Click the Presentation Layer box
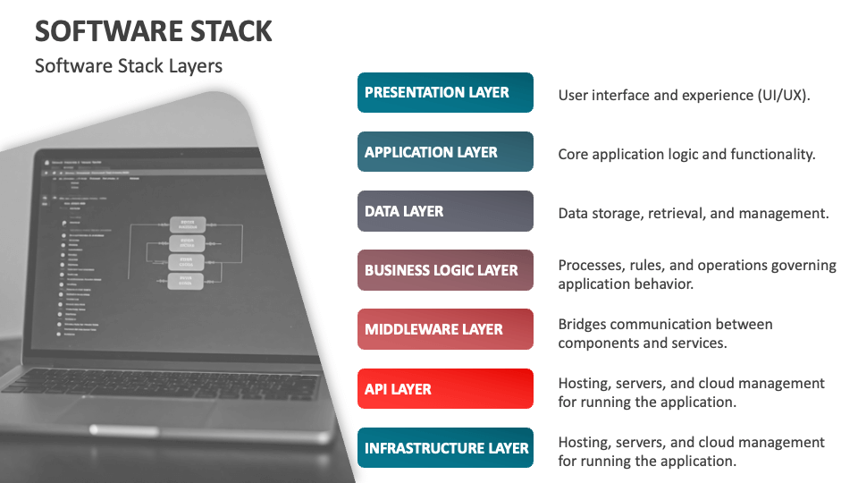pos(445,93)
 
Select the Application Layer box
pos(445,152)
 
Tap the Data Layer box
pos(445,211)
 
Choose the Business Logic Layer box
pos(445,270)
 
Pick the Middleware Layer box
pos(445,329)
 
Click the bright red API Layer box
pos(445,389)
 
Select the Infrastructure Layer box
pos(445,448)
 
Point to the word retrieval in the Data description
pos(677,213)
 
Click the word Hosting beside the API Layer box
pos(585,383)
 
